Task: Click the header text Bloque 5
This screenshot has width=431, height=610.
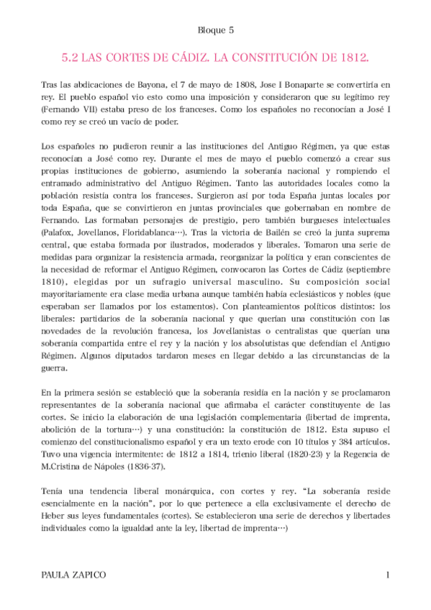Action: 215,29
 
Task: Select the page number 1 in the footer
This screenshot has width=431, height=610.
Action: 387,575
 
